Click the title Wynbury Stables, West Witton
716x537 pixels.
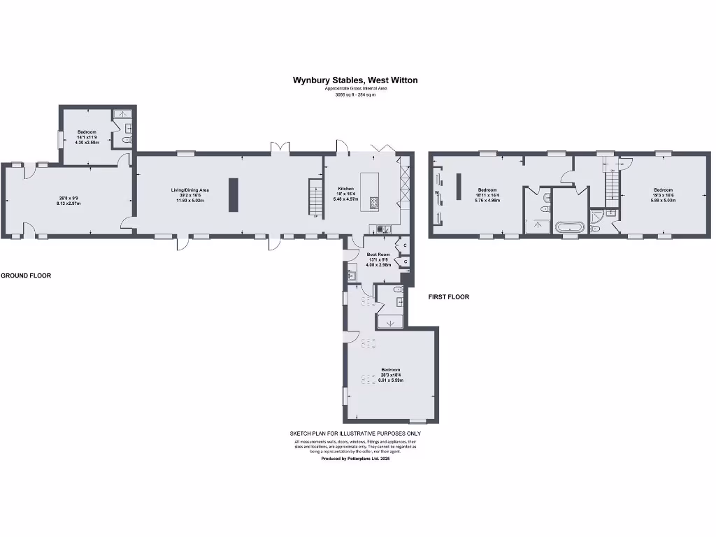pyautogui.click(x=355, y=80)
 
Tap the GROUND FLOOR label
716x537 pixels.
pyautogui.click(x=26, y=275)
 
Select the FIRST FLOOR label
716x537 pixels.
pyautogui.click(x=448, y=297)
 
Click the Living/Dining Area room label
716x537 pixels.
pyautogui.click(x=191, y=189)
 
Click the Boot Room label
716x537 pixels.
pyautogui.click(x=377, y=254)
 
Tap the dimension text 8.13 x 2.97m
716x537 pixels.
pyautogui.click(x=69, y=203)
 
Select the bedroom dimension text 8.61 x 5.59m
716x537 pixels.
pyautogui.click(x=390, y=380)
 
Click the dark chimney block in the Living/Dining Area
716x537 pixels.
pyautogui.click(x=234, y=194)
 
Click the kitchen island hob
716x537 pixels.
pyautogui.click(x=373, y=203)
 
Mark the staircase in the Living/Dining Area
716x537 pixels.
pyautogui.click(x=315, y=198)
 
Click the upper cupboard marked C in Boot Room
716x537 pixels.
pyautogui.click(x=405, y=245)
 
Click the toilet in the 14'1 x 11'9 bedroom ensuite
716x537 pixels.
pyautogui.click(x=127, y=140)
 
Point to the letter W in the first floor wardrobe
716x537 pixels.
pyautogui.click(x=436, y=192)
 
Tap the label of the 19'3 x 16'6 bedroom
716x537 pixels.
pyautogui.click(x=663, y=189)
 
